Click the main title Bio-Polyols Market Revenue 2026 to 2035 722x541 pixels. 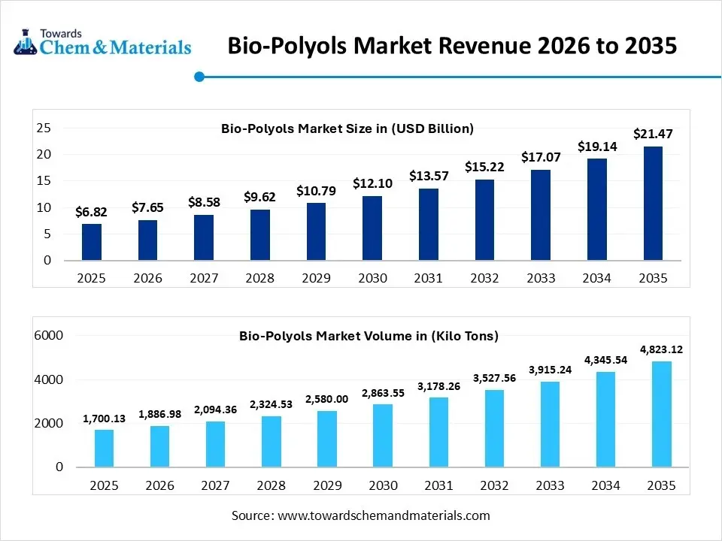pos(452,46)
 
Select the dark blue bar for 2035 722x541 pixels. pos(652,204)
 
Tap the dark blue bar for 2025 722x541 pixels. pos(92,242)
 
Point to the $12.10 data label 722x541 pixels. pos(372,183)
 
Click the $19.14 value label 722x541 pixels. pos(596,147)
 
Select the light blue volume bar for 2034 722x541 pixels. pos(606,419)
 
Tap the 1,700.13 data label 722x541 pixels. pos(105,418)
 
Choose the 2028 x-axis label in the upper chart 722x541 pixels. pos(259,278)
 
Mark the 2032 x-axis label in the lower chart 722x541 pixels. pos(495,485)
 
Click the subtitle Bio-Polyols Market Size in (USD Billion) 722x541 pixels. pos(347,128)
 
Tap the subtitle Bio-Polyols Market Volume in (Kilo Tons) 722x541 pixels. pos(369,336)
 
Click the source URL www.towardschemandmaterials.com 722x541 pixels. pos(384,515)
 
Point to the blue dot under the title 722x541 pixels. pos(199,76)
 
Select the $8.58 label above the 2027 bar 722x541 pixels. pos(204,202)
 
